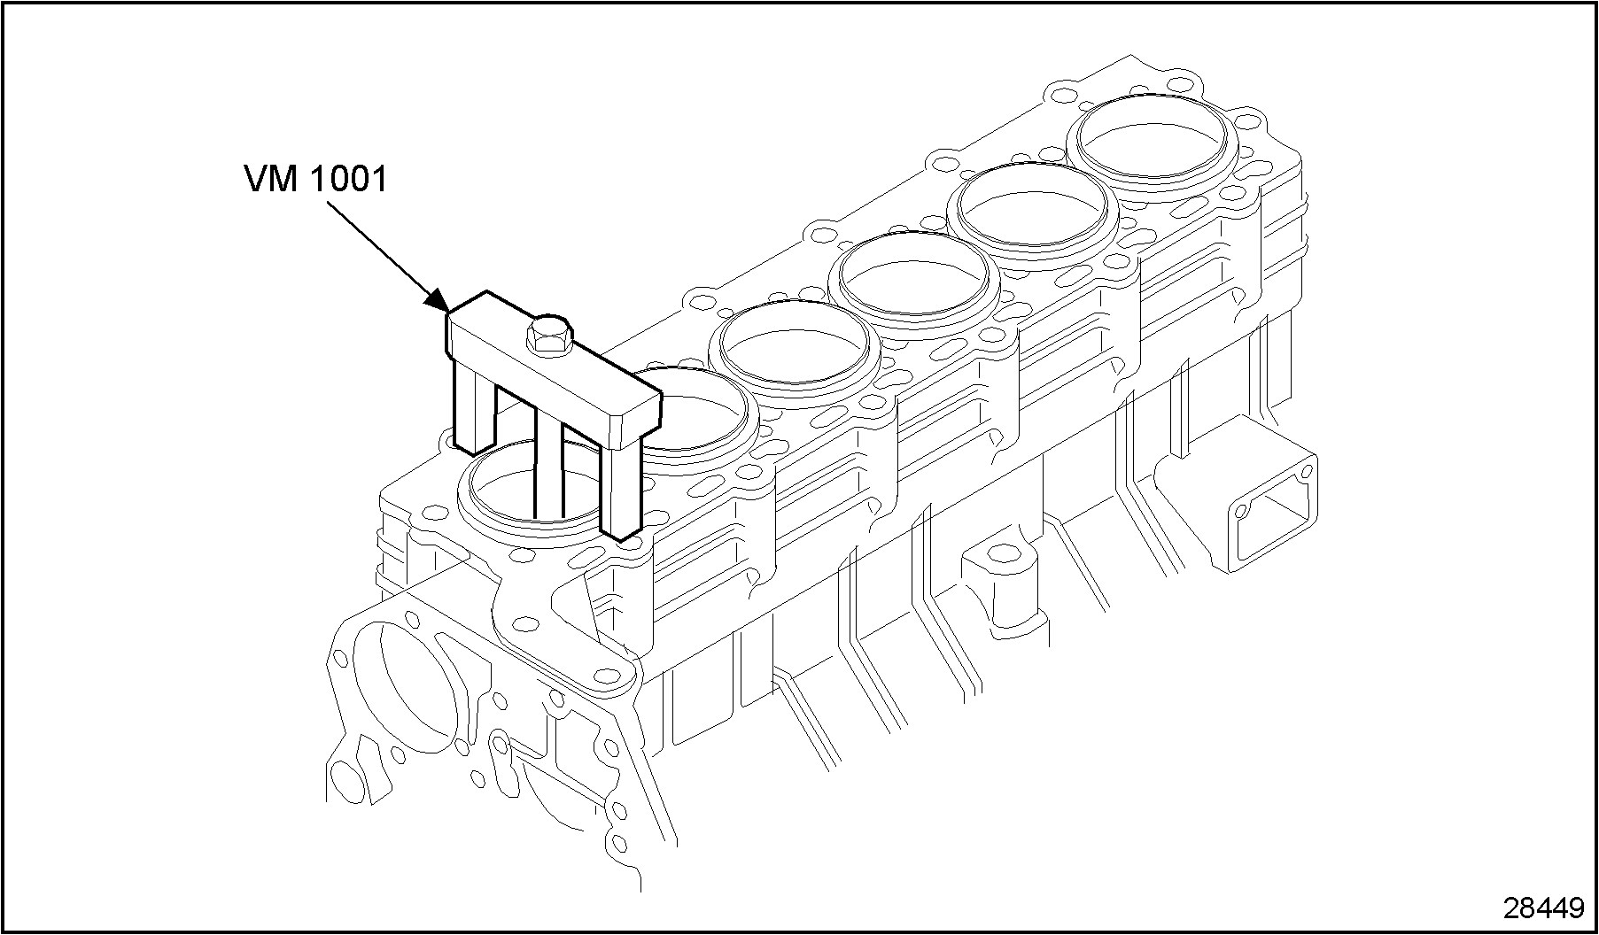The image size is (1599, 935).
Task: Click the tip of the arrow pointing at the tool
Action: coord(448,311)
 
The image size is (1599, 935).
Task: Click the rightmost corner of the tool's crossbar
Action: coord(662,396)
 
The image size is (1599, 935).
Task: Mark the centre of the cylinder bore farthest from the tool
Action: coord(1153,135)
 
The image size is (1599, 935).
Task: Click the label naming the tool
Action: coord(315,180)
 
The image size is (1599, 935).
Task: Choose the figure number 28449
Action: coord(1542,907)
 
